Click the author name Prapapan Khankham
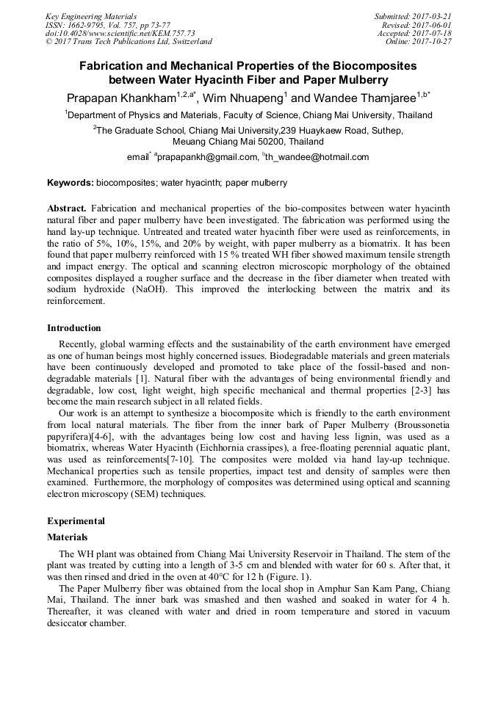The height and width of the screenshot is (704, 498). click(120, 98)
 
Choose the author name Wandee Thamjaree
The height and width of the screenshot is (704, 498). click(364, 98)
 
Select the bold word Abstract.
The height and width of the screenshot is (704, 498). click(67, 208)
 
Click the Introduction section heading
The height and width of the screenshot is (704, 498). click(74, 328)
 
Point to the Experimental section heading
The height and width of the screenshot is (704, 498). click(76, 521)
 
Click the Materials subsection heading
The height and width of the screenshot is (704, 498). click(68, 537)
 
